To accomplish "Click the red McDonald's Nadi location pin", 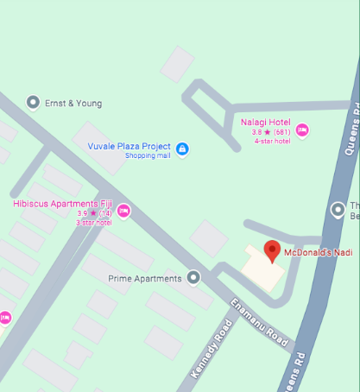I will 273,250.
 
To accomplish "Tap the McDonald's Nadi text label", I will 319,251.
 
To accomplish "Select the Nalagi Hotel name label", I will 266,122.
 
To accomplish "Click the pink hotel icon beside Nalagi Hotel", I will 302,130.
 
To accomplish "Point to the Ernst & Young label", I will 73,104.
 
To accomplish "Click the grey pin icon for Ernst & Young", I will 33,103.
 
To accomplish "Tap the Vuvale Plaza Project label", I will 129,146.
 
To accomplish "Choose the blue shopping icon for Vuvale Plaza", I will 182,149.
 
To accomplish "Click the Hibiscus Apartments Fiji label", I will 63,203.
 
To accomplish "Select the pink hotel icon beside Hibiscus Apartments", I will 123,211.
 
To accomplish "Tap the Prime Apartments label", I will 145,278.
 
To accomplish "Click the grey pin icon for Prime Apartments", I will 193,278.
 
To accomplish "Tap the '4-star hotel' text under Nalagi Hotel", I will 271,141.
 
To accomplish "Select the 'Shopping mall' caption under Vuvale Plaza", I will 147,155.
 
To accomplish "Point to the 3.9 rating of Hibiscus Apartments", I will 83,212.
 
